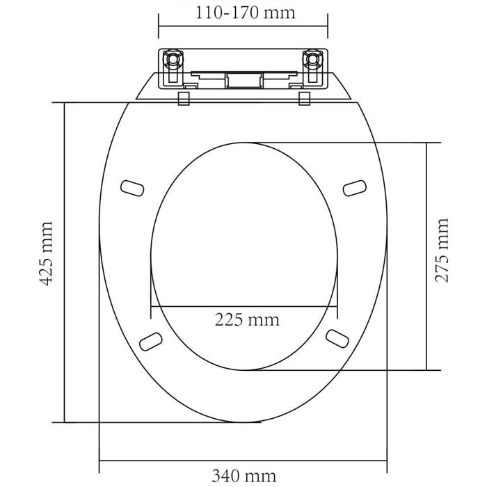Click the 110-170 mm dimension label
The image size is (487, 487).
click(x=243, y=13)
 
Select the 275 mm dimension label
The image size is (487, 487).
click(x=442, y=250)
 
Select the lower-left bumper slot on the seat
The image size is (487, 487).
click(x=150, y=340)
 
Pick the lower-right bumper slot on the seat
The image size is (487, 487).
click(x=337, y=337)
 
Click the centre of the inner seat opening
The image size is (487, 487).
click(x=245, y=256)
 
